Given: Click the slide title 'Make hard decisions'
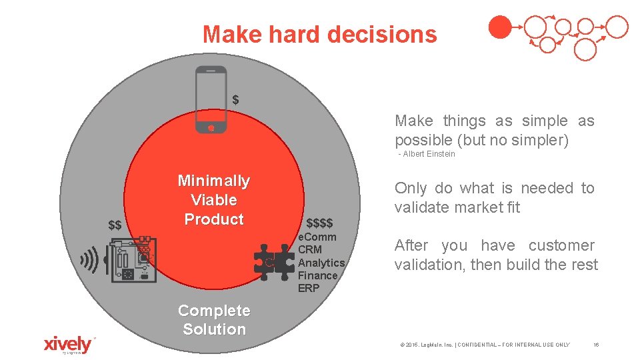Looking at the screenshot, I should click(x=320, y=34).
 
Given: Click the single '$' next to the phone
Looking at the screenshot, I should click(x=235, y=100).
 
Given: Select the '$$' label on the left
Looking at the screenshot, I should click(x=115, y=225).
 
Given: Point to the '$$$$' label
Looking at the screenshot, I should click(x=319, y=223).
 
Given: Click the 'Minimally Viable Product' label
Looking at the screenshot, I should click(x=214, y=200).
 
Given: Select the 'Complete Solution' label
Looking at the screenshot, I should click(x=214, y=320).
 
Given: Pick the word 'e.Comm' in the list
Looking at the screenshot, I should click(x=317, y=237).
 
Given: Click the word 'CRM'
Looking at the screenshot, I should click(x=310, y=250).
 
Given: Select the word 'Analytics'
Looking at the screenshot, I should click(x=321, y=263).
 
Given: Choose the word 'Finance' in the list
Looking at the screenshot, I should click(x=318, y=275).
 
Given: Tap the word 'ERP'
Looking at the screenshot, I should click(x=309, y=288).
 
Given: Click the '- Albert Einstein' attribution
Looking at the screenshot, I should click(x=427, y=154).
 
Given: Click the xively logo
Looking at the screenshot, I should click(x=67, y=344).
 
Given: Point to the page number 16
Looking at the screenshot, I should click(x=596, y=345).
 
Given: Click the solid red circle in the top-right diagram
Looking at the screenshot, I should click(x=500, y=27).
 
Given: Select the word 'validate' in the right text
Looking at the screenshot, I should click(x=422, y=207).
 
